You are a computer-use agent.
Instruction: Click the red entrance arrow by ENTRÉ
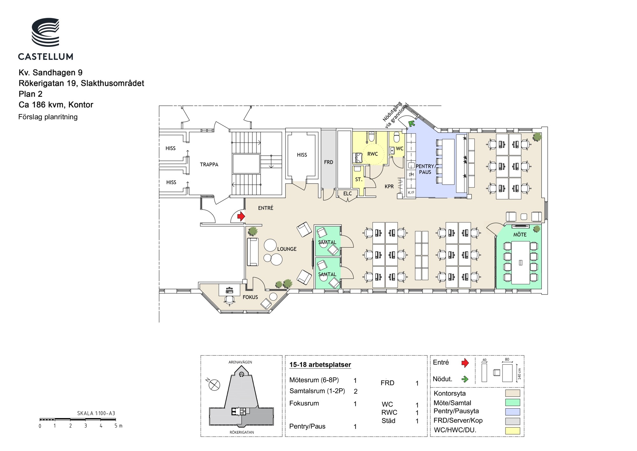[x=241, y=216]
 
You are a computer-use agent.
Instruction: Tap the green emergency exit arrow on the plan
[x=412, y=123]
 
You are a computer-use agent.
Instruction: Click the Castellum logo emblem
[x=46, y=33]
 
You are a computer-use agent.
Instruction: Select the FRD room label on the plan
[x=329, y=162]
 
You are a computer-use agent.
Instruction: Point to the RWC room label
[x=373, y=154]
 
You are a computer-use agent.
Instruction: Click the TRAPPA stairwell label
[x=209, y=164]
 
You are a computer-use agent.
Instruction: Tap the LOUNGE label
[x=287, y=249]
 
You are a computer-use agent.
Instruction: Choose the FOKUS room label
[x=250, y=297]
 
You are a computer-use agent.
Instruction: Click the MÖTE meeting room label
[x=520, y=235]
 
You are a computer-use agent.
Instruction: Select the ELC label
[x=347, y=193]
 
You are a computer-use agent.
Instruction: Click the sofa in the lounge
[x=253, y=252]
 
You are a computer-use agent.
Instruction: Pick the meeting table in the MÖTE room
[x=521, y=263]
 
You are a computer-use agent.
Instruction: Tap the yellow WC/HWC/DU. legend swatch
[x=512, y=431]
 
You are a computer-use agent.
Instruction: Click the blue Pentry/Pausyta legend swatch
[x=512, y=412]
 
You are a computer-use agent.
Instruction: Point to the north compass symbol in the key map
[x=214, y=384]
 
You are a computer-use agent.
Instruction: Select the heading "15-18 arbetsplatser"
[x=320, y=365]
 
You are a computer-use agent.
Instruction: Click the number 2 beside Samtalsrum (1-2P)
[x=356, y=391]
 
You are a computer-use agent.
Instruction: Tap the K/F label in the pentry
[x=411, y=193]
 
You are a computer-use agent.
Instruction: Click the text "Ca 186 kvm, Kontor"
[x=56, y=105]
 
